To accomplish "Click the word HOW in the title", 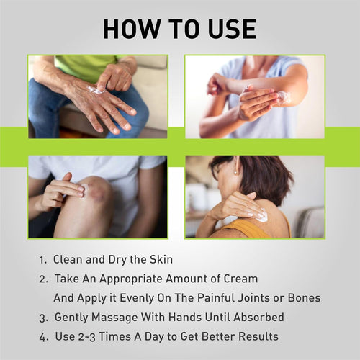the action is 132,29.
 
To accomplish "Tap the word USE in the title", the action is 232,29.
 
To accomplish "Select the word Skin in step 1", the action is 161,259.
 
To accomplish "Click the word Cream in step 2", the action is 240,279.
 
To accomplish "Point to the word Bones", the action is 304,298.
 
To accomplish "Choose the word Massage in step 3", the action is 114,318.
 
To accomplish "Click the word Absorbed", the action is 258,317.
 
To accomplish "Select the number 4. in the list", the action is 44,337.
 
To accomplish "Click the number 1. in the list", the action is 43,260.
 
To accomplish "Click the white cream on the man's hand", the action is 96,89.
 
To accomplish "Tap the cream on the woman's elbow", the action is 284,98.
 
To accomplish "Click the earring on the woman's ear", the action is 235,172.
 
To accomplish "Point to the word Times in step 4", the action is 115,336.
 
